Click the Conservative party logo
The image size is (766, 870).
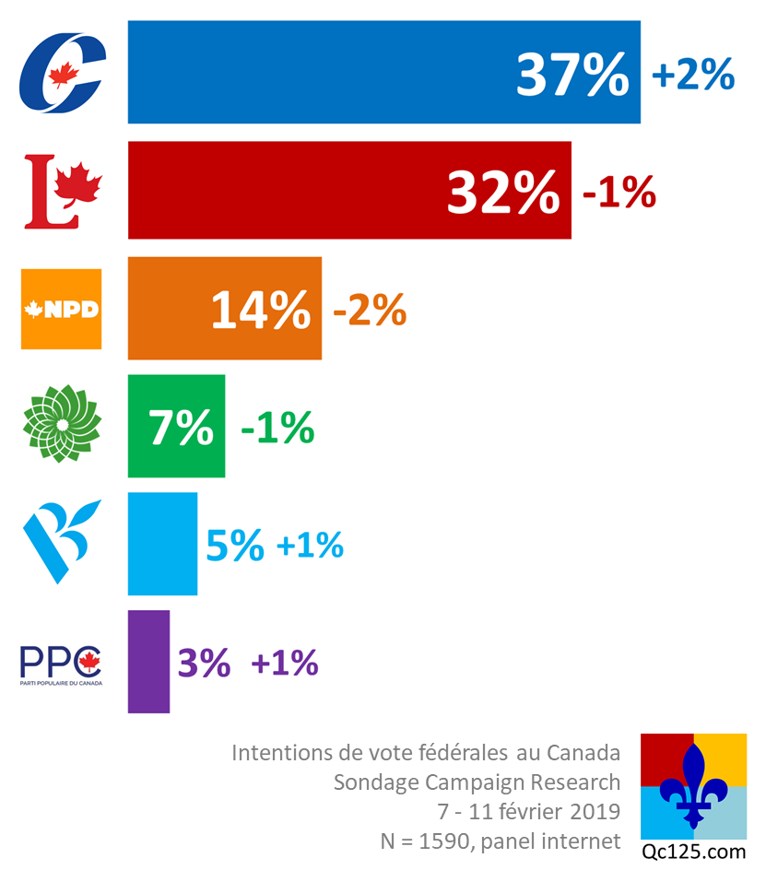click(62, 73)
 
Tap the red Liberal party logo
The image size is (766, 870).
click(62, 192)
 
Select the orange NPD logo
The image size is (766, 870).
click(62, 309)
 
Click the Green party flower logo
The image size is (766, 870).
click(62, 426)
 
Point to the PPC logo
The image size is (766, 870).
click(62, 664)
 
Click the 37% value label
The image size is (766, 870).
click(572, 75)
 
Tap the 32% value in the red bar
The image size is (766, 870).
click(503, 192)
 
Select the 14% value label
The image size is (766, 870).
click(261, 310)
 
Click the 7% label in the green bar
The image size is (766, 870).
click(182, 428)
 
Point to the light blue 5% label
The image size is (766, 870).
click(234, 547)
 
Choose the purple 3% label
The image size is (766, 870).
click(203, 663)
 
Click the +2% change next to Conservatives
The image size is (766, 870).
click(692, 75)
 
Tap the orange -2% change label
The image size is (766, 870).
click(369, 312)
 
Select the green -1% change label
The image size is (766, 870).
click(277, 429)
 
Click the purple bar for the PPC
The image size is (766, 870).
click(148, 661)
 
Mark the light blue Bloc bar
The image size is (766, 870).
click(162, 544)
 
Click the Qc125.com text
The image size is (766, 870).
click(693, 851)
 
